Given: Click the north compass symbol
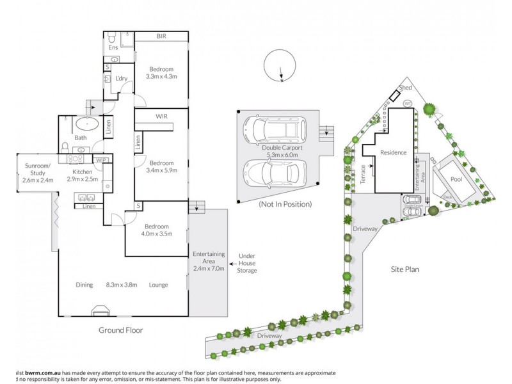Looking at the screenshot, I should [280, 66].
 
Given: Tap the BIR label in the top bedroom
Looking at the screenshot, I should [161, 36].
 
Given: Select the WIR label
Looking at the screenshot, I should [161, 116].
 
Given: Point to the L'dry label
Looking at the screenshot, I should [122, 79].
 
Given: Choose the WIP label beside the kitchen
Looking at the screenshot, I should [100, 159].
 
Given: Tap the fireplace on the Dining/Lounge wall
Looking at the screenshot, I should [101, 312].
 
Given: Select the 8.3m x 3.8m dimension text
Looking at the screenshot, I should [123, 285].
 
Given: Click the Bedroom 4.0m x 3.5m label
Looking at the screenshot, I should [156, 230].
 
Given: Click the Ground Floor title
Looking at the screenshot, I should [120, 330].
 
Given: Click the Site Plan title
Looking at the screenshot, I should [404, 269].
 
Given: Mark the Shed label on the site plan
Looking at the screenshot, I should [404, 87].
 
